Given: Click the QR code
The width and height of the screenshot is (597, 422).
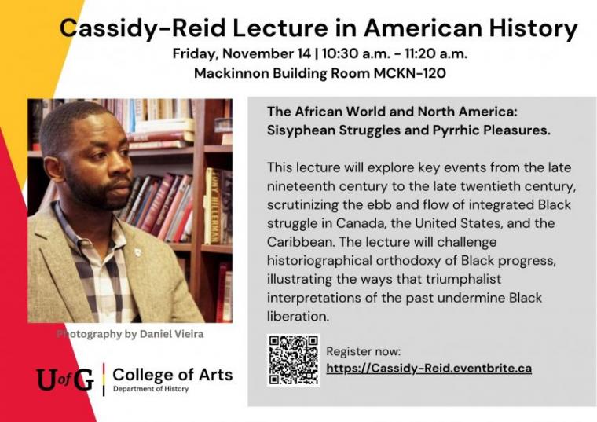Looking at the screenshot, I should (x=293, y=360).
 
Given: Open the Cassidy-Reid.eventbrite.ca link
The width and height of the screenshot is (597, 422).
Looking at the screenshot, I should (x=429, y=368).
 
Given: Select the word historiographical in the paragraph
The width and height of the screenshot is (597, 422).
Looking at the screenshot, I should (x=316, y=261).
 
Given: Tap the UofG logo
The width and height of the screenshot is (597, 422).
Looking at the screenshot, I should (x=65, y=380).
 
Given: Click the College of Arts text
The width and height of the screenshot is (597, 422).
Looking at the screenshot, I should (x=173, y=374).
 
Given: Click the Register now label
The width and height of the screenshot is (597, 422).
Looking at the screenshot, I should (x=363, y=351).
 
